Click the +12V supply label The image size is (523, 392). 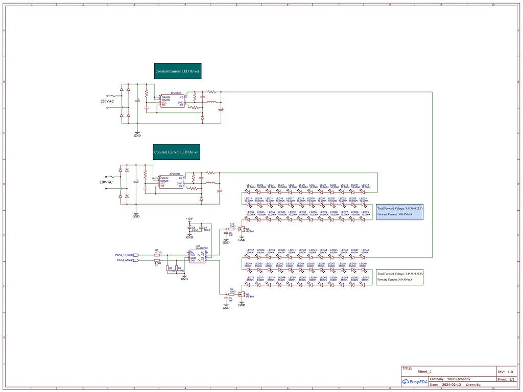[189, 219]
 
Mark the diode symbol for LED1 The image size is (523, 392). [250, 192]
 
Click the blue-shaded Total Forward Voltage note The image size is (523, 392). [400, 212]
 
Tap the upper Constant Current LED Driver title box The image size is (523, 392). [178, 71]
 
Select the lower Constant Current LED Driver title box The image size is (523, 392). [176, 152]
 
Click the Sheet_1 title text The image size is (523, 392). [425, 372]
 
